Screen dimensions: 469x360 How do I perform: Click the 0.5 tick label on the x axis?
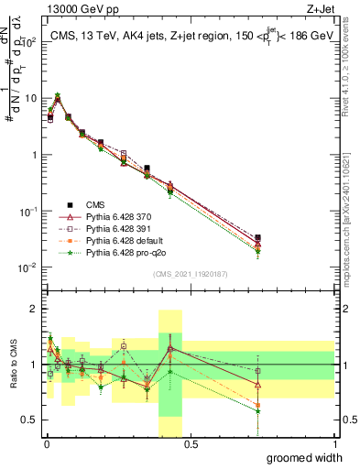pos(191,444)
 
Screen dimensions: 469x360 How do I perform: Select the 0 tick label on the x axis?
pos(46,444)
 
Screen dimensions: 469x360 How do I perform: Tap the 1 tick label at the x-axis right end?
pos(334,444)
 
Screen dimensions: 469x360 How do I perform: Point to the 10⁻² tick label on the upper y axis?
pos(27,267)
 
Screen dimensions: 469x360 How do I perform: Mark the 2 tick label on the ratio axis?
pos(35,310)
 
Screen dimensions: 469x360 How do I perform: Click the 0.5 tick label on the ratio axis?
pos(30,420)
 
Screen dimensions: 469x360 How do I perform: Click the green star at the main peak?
pos(58,94)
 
